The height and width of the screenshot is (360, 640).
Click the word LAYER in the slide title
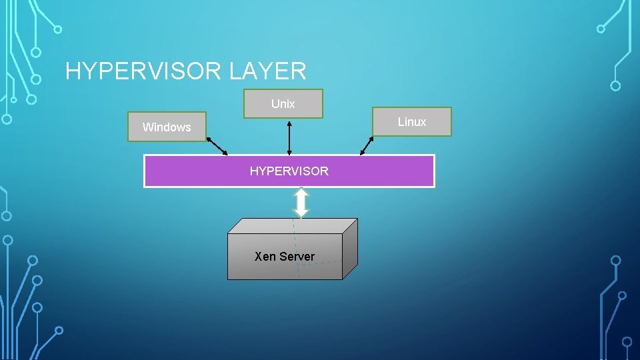click(267, 71)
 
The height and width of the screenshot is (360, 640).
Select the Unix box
click(283, 103)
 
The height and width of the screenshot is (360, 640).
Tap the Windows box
click(167, 127)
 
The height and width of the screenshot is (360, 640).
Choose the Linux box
click(412, 121)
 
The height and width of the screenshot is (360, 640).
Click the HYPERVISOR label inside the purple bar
click(289, 171)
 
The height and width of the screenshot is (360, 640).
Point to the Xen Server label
click(285, 257)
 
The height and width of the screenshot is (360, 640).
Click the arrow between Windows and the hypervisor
click(217, 146)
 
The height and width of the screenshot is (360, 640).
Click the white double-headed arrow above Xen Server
click(301, 203)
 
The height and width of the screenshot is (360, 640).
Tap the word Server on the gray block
click(297, 257)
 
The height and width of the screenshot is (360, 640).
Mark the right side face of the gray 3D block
click(350, 249)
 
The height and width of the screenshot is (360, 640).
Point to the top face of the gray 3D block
click(293, 226)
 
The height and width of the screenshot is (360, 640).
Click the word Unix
click(283, 104)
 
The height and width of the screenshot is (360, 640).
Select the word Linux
click(412, 122)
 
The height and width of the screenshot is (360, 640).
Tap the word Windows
click(167, 127)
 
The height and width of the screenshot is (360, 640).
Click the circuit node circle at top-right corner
click(601, 29)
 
